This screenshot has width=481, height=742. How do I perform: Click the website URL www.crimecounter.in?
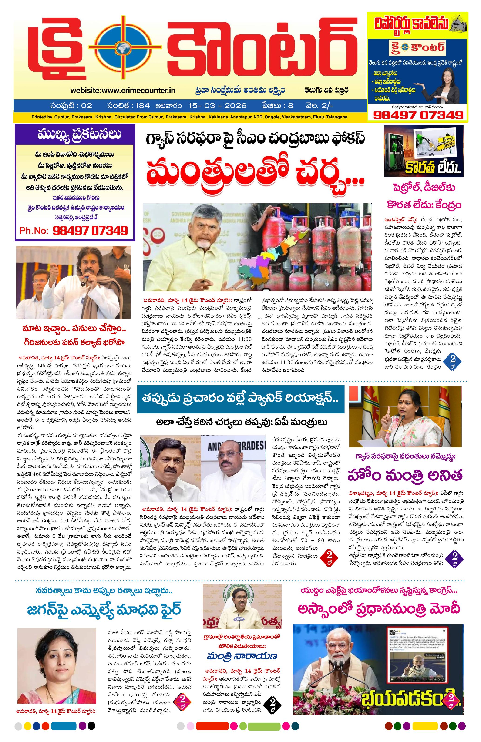pyautogui.click(x=123, y=91)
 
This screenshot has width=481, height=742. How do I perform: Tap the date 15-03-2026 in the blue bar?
pyautogui.click(x=217, y=106)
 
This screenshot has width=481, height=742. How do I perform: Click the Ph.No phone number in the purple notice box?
pyautogui.click(x=90, y=231)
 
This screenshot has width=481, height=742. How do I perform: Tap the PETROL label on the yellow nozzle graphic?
pyautogui.click(x=446, y=138)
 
